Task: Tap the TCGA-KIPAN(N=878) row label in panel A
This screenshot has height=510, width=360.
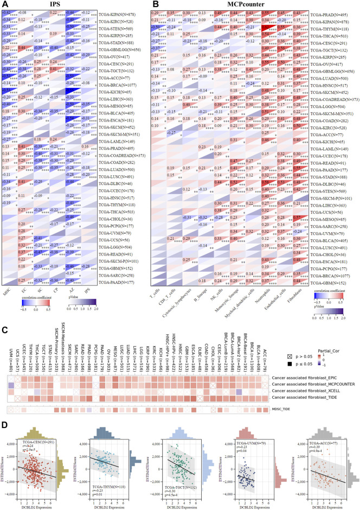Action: (x=119, y=12)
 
